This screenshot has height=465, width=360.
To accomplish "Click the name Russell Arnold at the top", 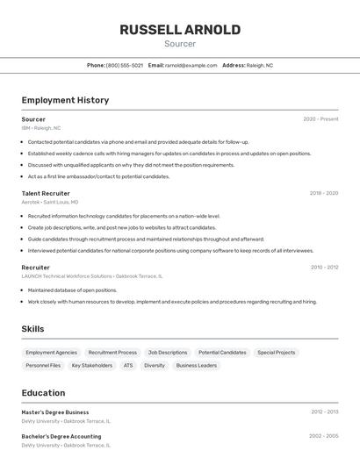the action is coord(180,30).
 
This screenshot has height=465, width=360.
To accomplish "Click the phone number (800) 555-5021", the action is coord(124,65).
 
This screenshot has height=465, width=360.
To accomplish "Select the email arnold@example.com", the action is coord(191,65).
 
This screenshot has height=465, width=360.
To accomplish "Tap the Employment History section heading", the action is coord(65,100).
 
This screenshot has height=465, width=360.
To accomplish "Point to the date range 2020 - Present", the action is coord(320,118).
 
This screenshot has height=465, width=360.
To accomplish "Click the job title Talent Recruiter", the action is coord(46,193).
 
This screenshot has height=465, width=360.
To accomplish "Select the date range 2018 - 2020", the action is coord(323,193).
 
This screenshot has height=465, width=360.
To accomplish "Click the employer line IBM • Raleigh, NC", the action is coord(41,128).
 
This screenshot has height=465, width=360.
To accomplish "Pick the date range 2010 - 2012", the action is coord(324,267).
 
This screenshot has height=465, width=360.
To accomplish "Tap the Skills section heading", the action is coord(33,329).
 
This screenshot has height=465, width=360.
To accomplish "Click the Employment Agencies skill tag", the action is coord(51,353).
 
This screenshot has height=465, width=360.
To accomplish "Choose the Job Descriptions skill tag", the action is coord(167,353).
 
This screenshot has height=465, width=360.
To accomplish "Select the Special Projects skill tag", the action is coord(276,353).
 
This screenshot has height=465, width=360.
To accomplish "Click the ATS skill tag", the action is coord(128,365).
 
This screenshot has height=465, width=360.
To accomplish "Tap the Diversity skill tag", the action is coord(155,365).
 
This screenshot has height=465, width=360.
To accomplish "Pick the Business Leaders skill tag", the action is coord(196,365).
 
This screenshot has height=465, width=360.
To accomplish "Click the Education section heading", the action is coord(43,393).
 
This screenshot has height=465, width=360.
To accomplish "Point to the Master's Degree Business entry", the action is coord(54,411).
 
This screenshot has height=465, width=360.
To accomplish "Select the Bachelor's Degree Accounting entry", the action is coord(61,435).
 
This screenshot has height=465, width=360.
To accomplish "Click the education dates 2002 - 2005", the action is coord(323,435).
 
